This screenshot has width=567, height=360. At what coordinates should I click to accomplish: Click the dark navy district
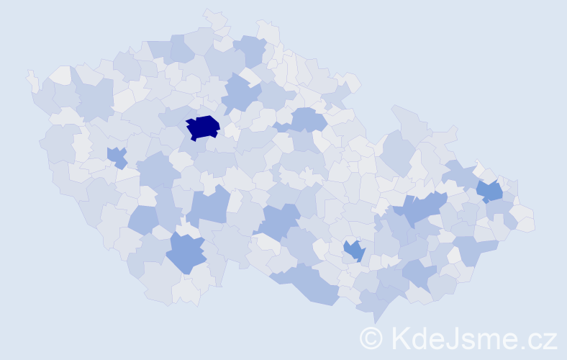(202, 127)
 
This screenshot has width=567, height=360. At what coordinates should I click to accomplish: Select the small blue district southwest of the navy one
(117, 156)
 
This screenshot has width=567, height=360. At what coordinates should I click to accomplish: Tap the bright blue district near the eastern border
(490, 191)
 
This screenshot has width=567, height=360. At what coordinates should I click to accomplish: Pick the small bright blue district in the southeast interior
(354, 251)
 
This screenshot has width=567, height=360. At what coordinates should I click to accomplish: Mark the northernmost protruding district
(215, 17)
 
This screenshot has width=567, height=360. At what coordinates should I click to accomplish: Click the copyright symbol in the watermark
(371, 337)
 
